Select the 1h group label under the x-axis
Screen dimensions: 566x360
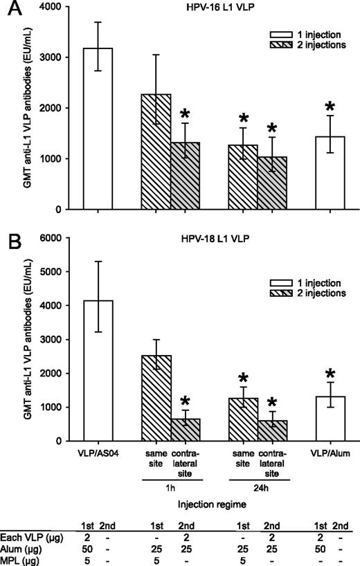[x=172, y=485]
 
